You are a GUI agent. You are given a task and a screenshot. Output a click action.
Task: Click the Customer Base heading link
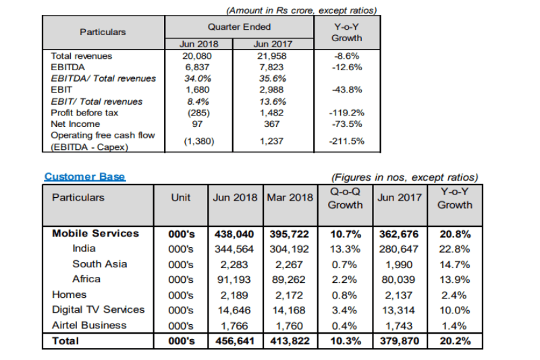[x=85, y=177]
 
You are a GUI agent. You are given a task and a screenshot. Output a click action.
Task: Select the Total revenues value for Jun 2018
[x=197, y=56]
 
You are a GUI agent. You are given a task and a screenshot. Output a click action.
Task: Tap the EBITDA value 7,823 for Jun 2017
[x=272, y=67]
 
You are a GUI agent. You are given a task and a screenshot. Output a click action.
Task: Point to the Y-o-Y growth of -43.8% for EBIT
[x=347, y=90]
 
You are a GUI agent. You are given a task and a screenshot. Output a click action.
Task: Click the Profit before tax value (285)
[x=198, y=113]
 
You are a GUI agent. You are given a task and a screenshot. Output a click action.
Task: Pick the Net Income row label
[x=76, y=124]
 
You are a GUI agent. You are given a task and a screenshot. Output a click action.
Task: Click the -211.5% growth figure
[x=346, y=141]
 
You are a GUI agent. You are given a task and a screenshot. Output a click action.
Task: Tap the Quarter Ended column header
[x=239, y=27]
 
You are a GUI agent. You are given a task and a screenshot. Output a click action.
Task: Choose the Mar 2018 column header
[x=290, y=197]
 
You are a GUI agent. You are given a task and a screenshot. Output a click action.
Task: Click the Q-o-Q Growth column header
[x=345, y=198]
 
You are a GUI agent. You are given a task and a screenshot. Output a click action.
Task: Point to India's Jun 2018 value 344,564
[x=234, y=249]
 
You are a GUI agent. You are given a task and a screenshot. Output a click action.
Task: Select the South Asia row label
[x=99, y=264]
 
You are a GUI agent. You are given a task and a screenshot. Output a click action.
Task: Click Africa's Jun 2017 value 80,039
[x=398, y=280]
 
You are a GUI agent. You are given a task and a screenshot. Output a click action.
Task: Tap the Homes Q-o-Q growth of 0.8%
[x=344, y=295]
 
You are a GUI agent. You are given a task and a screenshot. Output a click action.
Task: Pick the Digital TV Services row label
[x=98, y=310]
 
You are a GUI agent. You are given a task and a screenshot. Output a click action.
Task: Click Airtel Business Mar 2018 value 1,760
[x=290, y=326]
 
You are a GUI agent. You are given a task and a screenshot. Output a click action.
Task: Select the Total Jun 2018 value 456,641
[x=235, y=341]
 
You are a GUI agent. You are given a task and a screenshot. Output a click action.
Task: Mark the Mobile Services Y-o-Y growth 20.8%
[x=455, y=234]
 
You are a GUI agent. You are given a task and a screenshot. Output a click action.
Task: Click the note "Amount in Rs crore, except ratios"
[x=302, y=11]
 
